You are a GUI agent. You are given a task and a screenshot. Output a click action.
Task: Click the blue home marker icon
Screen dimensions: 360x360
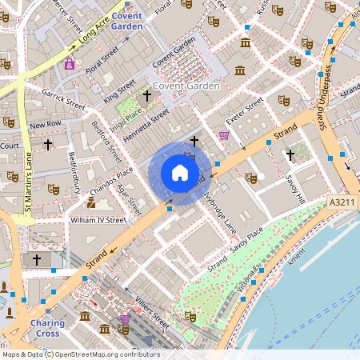click(x=179, y=172)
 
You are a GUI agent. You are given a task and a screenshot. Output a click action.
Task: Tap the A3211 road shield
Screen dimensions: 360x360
click(x=342, y=205)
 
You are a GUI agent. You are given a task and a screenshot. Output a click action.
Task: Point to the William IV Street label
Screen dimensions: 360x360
click(x=98, y=219)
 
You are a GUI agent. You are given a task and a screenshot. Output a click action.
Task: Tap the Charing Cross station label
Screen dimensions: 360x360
click(x=48, y=328)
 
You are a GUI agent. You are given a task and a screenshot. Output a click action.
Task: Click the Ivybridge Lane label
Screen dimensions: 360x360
click(x=220, y=211)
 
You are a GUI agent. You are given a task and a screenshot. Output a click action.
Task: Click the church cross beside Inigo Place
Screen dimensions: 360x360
click(x=146, y=96)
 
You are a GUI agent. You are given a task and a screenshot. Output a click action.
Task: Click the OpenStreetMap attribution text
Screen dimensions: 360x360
click(x=80, y=354)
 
